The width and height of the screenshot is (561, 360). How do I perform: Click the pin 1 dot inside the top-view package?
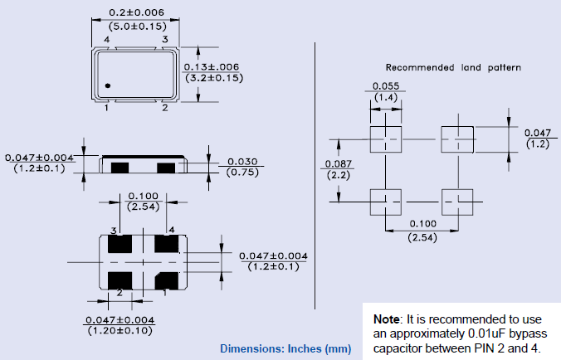108,85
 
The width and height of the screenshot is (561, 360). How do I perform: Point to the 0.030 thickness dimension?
241,161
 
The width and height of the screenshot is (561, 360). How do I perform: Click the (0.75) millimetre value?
241,173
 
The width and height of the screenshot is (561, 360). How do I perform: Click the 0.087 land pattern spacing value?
337,163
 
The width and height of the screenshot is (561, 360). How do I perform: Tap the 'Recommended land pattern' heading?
453,67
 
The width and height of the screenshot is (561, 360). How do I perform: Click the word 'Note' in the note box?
385,319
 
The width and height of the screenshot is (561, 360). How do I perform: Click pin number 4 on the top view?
107,40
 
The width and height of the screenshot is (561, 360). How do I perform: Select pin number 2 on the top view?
165,107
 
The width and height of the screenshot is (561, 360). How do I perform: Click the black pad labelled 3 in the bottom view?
120,245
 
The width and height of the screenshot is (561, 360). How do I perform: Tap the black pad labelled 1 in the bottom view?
169,279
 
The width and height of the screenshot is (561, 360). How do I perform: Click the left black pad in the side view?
120,168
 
